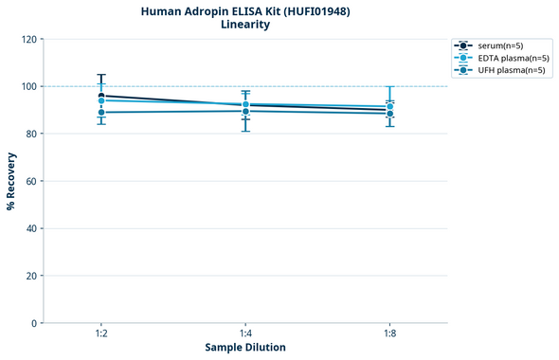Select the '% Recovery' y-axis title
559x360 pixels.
11,181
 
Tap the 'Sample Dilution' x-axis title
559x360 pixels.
245,348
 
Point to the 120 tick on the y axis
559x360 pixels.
27,39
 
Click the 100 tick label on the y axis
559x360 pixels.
27,86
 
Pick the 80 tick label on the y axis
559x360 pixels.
30,134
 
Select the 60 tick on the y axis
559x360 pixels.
30,181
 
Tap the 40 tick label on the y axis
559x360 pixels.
30,228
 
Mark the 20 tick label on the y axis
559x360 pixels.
30,276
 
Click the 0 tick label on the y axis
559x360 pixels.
33,323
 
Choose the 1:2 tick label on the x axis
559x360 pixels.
101,333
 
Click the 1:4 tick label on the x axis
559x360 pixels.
245,333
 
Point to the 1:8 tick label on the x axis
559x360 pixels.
390,333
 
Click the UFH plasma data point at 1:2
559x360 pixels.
101,113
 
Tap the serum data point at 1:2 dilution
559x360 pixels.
101,96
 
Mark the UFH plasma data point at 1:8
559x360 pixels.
390,114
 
